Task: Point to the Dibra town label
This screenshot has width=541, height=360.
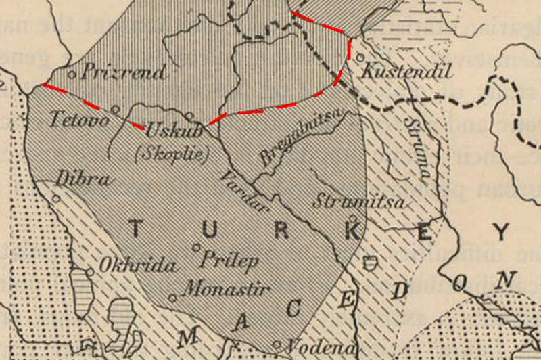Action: pos(83,181)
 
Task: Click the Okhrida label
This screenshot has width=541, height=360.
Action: pos(133,265)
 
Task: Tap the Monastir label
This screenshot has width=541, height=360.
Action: pos(225,290)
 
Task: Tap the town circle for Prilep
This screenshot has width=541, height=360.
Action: pos(197,248)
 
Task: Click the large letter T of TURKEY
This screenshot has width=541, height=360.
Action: pos(135,230)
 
